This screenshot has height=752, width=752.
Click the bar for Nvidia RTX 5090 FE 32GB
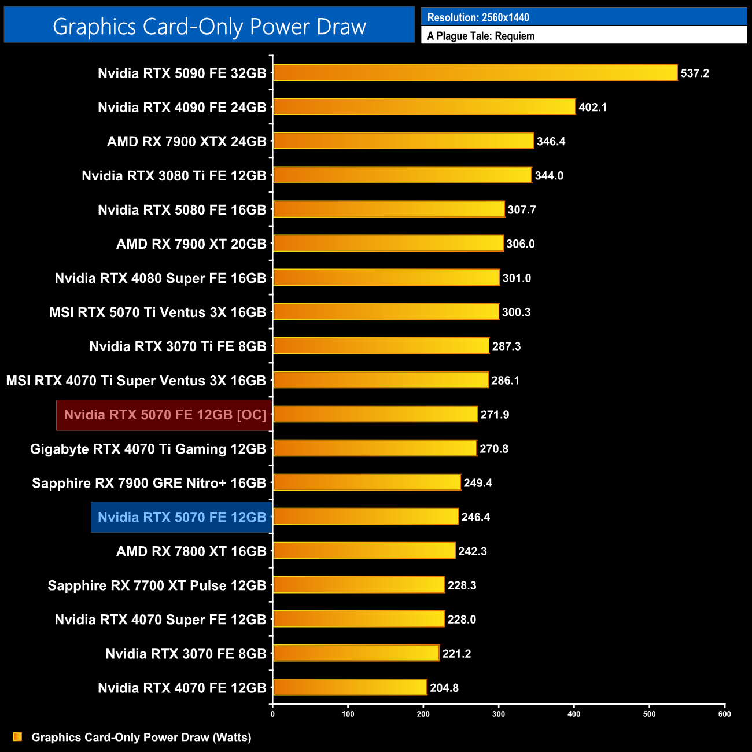point(474,73)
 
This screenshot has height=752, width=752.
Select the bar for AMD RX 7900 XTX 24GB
point(403,141)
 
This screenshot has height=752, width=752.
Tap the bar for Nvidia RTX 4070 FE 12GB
point(349,688)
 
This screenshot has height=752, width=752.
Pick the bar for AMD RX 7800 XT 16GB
point(364,551)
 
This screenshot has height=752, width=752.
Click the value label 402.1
point(592,108)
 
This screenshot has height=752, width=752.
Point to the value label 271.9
point(495,415)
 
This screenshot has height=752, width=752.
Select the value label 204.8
point(444,688)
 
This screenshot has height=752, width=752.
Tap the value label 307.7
point(521,210)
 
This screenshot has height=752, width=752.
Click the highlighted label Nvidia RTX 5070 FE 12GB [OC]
point(165,415)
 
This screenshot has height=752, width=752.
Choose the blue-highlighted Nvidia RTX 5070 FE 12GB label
point(182,517)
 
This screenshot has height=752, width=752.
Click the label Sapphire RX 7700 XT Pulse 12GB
point(157,585)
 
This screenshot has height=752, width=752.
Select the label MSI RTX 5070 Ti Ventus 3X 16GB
point(157,312)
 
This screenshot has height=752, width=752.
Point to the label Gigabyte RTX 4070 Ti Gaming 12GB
point(148,449)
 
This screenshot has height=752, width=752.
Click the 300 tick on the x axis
point(499,714)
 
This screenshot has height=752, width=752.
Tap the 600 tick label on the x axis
point(724,714)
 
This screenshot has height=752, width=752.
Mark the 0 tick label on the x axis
point(272,714)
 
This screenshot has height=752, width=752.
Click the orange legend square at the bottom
point(17,737)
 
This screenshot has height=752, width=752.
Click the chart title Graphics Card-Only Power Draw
point(209,27)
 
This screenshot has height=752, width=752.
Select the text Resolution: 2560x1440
point(478,17)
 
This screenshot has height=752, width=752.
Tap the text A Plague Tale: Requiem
point(481,36)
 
